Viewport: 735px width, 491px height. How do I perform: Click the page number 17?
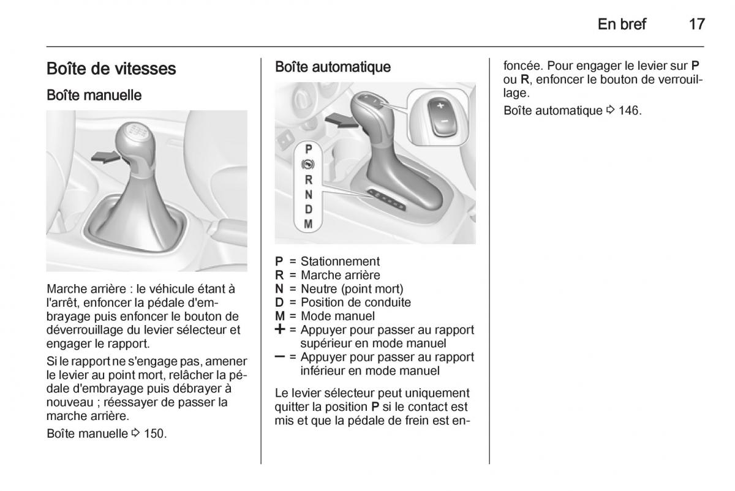[696, 24]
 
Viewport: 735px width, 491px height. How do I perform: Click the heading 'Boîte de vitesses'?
[111, 69]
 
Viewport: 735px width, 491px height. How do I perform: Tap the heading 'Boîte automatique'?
[333, 67]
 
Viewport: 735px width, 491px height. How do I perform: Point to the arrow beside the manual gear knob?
[105, 157]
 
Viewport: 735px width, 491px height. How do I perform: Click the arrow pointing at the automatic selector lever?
[340, 121]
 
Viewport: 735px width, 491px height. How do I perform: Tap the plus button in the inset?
[439, 106]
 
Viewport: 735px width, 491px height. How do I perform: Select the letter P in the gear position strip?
[309, 149]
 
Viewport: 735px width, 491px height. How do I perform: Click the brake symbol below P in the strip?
[308, 165]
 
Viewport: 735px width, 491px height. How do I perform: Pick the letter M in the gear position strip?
[309, 224]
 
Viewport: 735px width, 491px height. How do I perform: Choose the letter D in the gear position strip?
[309, 209]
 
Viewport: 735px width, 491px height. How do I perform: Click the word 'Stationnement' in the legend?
[340, 261]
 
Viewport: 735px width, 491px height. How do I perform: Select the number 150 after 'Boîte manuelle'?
[155, 433]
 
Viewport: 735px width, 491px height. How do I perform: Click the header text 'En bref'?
[622, 24]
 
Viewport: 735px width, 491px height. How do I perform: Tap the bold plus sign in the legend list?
[281, 329]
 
